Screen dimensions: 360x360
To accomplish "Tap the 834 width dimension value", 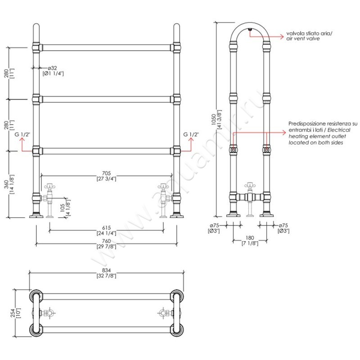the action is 106,271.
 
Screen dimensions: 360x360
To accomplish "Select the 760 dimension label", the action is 106,241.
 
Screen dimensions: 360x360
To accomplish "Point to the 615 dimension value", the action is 106,228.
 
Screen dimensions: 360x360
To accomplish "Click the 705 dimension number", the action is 106,173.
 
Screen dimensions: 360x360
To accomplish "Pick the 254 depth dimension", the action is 13,313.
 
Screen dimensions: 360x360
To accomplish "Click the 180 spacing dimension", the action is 250,238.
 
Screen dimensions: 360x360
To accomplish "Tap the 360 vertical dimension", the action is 6,184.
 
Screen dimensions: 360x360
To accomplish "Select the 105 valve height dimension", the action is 63,208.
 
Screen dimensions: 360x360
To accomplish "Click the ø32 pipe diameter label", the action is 52,68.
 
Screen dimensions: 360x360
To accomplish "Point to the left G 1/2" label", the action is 22,134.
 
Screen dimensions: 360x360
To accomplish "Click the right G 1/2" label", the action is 191,134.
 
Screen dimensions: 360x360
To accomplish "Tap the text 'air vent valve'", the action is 303,39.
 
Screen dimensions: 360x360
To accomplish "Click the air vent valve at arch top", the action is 250,29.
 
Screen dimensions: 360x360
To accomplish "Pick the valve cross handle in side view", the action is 250,185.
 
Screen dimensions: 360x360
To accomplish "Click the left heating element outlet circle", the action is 233,150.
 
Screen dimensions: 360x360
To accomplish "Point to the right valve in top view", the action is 163,313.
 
